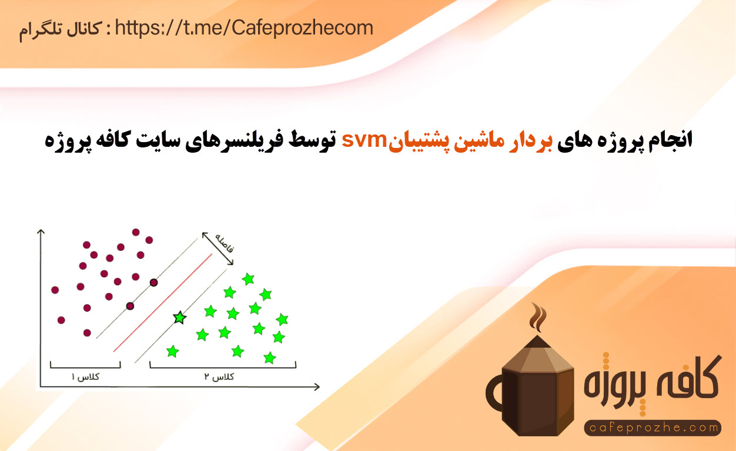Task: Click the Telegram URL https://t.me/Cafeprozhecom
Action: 244,28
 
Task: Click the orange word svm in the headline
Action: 364,140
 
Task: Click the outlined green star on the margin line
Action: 179,318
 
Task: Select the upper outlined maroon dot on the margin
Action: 153,282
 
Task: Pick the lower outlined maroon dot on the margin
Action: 130,306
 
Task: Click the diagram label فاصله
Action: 225,243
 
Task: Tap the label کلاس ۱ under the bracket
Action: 85,376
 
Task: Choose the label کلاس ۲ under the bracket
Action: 219,376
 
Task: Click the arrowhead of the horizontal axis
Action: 316,387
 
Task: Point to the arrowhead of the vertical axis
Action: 41,232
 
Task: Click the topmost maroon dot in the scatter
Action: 136,233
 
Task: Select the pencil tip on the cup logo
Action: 537,341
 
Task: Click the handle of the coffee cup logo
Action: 494,393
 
